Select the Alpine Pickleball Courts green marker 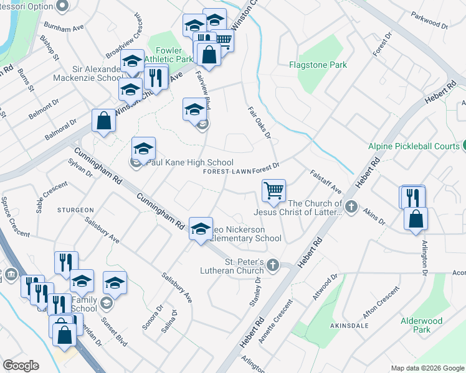[x=463, y=147]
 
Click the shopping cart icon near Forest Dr [x=273, y=190]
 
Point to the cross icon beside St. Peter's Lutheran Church [x=272, y=266]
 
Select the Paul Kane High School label [x=188, y=163]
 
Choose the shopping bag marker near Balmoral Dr [x=103, y=121]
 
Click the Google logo [x=21, y=366]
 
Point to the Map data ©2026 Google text [x=427, y=368]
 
